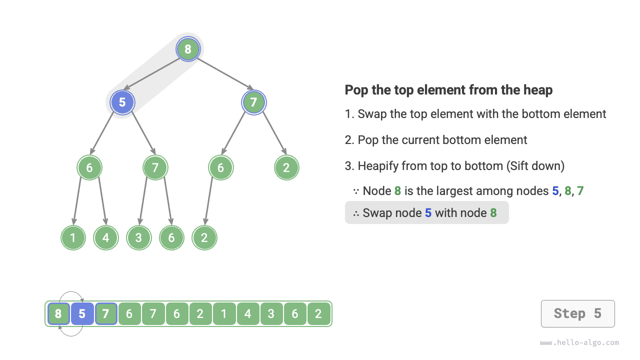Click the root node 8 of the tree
coord(188,49)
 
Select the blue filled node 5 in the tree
coord(122,102)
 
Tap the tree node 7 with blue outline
coord(254,102)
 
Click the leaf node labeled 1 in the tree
coord(73,238)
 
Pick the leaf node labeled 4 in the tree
coord(105,238)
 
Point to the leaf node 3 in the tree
coord(138,238)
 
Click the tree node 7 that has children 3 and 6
coord(155,168)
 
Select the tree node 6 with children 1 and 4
coord(89,168)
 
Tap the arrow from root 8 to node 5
coord(152,74)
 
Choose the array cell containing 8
coord(58,314)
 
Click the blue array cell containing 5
coord(82,314)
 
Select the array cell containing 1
coord(224,314)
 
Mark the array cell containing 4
coord(248,314)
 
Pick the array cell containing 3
coord(271,314)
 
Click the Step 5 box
coord(577,313)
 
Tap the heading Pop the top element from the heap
coord(448,90)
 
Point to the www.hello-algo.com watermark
coord(579,343)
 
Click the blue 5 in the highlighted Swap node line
coord(428,213)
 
